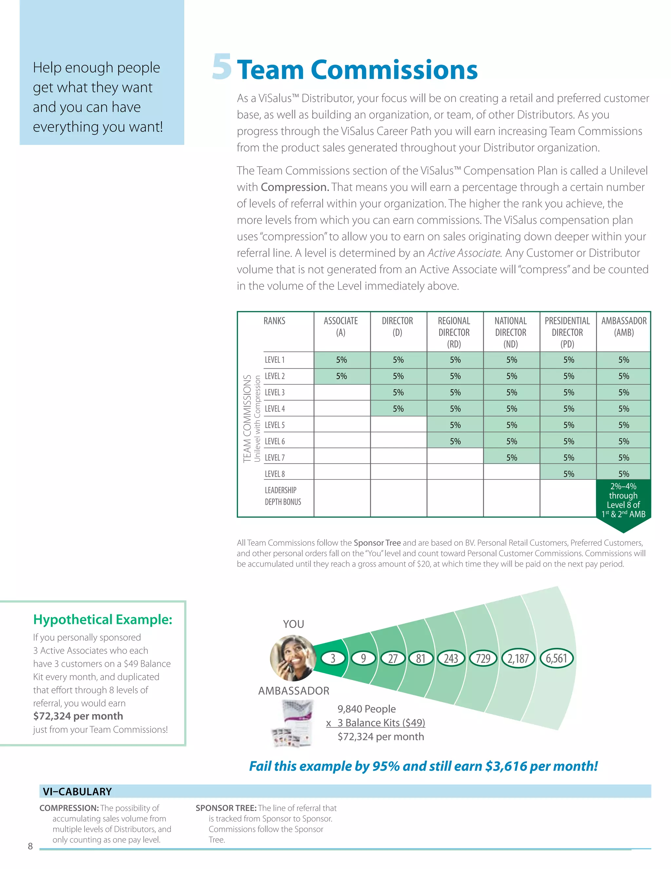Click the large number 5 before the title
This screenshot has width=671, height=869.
pos(222,67)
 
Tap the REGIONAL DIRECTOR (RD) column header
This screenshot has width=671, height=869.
pos(454,332)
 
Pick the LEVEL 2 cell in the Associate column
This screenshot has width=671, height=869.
pos(341,376)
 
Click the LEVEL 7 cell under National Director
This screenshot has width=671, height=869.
pos(511,457)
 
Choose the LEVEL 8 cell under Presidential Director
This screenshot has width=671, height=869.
pos(568,474)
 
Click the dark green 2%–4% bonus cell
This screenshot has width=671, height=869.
pos(623,500)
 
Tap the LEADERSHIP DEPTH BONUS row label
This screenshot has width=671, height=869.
pos(283,496)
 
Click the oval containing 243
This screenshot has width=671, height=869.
pos(451,658)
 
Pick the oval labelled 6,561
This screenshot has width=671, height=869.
pos(556,658)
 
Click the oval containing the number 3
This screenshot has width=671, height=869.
pos(333,658)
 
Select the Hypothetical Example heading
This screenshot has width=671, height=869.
pos(103,619)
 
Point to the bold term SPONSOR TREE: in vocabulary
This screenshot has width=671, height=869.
pos(225,808)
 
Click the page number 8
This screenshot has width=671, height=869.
pos(30,846)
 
